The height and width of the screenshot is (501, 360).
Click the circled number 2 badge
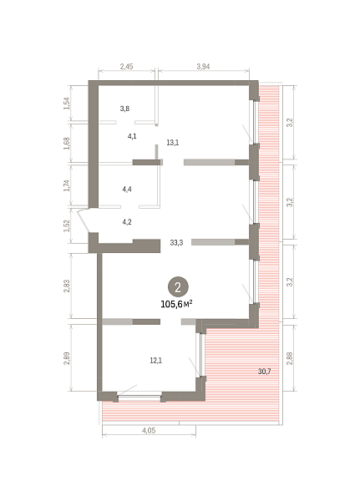point(178,287)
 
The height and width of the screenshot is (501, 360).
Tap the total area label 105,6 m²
point(176,304)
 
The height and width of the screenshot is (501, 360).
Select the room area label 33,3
point(176,243)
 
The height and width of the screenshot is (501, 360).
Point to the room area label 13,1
point(173,143)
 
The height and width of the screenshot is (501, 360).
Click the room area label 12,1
point(156,361)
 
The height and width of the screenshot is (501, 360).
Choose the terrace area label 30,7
point(265,372)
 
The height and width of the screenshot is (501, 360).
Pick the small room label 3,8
point(124,109)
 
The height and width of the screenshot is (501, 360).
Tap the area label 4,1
point(132,136)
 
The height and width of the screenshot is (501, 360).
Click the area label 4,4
point(127,190)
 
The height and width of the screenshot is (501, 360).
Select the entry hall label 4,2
point(127,222)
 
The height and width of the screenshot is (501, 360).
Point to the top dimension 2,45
point(126,67)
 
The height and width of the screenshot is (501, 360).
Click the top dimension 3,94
point(203,67)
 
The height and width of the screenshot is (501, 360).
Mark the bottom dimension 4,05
point(149,430)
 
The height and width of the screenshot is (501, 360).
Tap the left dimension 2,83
point(67,286)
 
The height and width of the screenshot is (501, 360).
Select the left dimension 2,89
point(67,358)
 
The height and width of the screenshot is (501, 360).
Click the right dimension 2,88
point(289,358)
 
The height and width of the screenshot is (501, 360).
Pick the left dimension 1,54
point(67,104)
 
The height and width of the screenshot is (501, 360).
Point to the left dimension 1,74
point(67,185)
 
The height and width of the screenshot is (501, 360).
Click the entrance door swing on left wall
point(84,220)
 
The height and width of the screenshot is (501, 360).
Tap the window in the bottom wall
point(139,397)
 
